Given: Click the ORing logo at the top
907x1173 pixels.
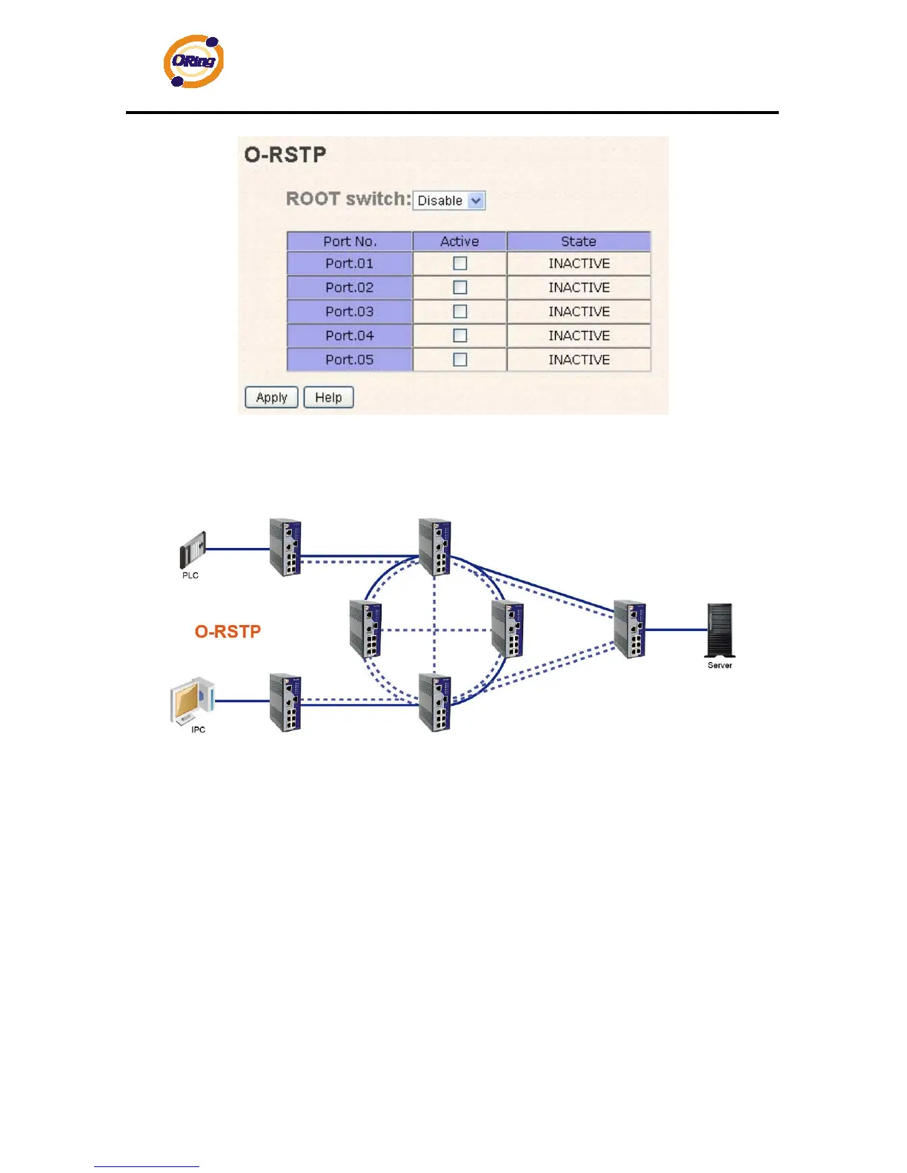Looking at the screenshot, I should [193, 61].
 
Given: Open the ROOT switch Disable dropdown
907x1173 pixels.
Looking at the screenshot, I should [449, 201].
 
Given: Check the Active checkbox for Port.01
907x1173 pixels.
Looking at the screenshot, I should [460, 264].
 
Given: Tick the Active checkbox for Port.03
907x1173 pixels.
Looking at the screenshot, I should [460, 312].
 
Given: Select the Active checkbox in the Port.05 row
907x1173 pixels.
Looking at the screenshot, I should [460, 360].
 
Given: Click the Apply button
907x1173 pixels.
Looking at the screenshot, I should [271, 398].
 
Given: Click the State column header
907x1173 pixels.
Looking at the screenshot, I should [579, 241].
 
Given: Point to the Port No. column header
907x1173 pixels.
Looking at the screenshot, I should [350, 241].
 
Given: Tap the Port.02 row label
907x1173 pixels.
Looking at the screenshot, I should [350, 287].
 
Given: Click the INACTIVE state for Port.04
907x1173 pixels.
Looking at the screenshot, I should [579, 335].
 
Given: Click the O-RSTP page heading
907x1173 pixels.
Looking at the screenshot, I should [285, 155].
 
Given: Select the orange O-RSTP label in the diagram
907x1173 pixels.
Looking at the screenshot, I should [227, 632].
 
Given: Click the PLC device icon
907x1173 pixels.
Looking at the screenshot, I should [192, 550].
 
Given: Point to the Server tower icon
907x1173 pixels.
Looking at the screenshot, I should [719, 630].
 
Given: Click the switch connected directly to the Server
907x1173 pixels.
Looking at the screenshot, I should [630, 629].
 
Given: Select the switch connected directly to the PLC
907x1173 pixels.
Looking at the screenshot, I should [285, 547].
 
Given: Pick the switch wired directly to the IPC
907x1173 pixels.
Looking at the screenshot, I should [285, 702].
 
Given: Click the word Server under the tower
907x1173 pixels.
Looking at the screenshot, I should [720, 665].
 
